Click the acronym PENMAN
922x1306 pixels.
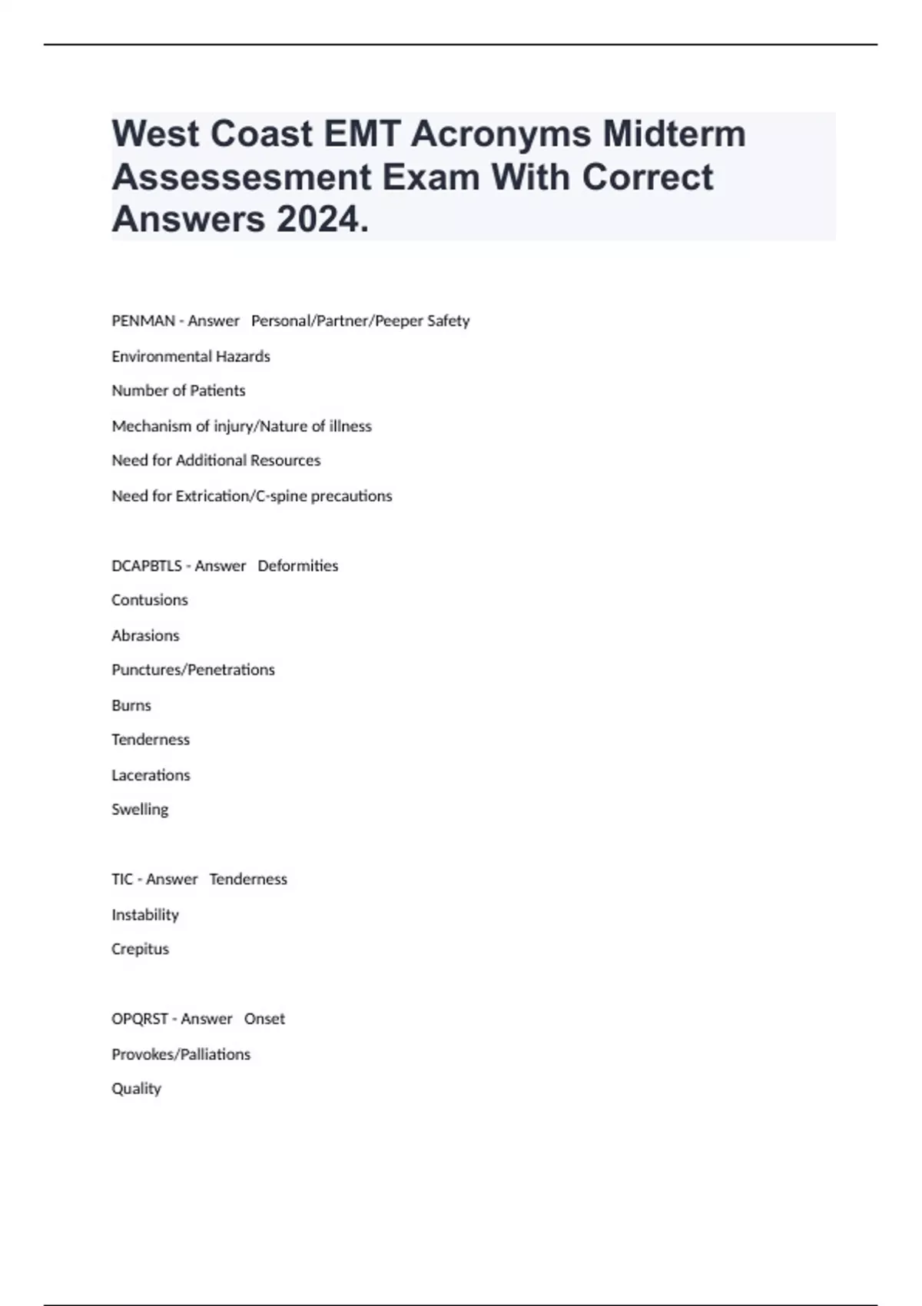click(x=143, y=321)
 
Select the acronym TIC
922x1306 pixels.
click(x=122, y=880)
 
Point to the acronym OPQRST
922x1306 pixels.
click(x=140, y=1019)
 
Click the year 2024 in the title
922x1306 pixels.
click(x=317, y=220)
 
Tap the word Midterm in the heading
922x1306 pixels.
click(x=674, y=134)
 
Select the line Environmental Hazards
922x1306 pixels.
click(x=191, y=356)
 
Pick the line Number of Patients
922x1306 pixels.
click(x=178, y=391)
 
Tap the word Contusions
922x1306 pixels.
click(x=150, y=600)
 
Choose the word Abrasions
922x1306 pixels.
click(x=145, y=636)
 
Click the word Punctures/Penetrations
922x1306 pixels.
click(x=193, y=670)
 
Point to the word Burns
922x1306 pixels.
click(x=131, y=706)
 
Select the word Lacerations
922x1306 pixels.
click(x=151, y=775)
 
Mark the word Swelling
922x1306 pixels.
click(x=140, y=810)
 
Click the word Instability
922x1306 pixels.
click(x=145, y=915)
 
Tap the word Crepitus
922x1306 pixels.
click(x=140, y=950)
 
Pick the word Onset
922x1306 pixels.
click(x=264, y=1019)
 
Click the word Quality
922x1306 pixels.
click(x=136, y=1089)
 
